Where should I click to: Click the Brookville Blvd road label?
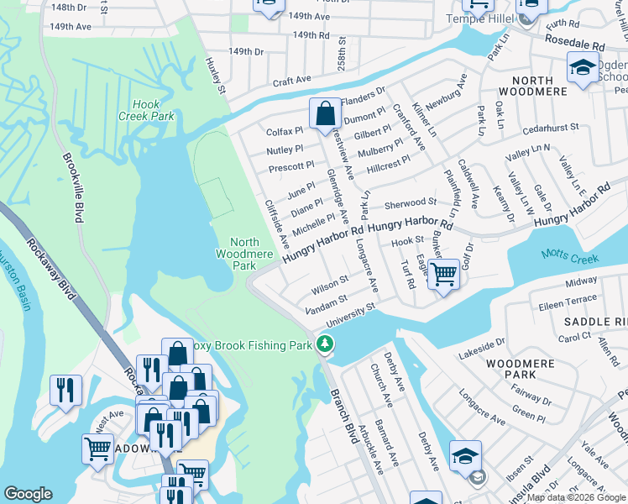[72, 187]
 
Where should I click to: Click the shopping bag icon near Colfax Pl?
[324, 113]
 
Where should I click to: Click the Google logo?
[29, 493]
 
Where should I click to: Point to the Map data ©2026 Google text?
[576, 497]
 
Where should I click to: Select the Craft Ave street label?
[292, 80]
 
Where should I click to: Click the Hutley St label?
[217, 76]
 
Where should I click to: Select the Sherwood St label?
[411, 202]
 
